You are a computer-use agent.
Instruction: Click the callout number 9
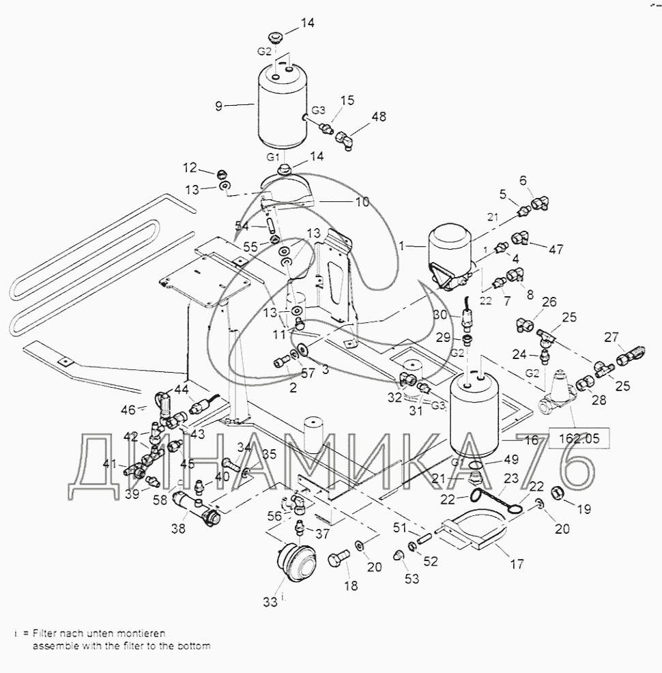point(218,106)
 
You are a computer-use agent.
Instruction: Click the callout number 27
point(611,336)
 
